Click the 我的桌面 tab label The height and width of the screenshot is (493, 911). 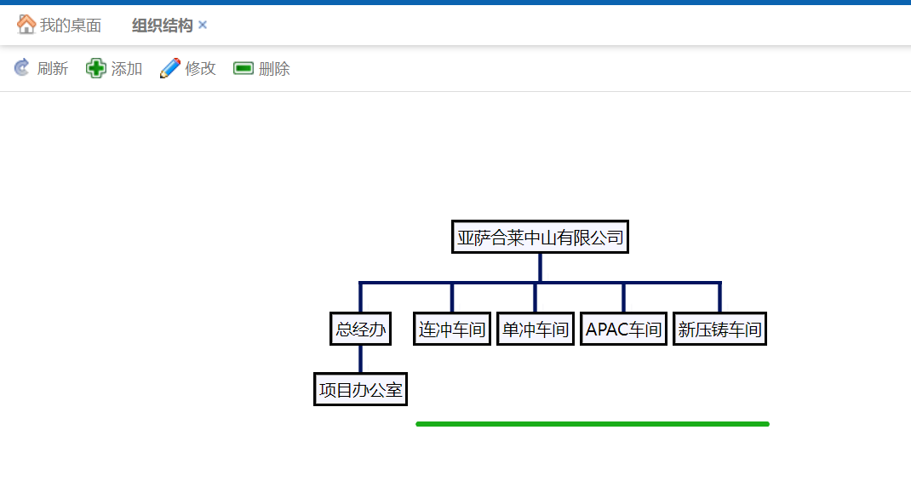pos(71,26)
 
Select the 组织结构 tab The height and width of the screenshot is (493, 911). pos(162,26)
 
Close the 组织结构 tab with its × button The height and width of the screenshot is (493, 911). pos(203,26)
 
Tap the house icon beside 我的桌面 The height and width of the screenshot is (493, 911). pos(26,25)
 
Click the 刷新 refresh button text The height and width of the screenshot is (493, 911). pos(53,69)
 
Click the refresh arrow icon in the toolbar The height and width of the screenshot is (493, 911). pos(22,68)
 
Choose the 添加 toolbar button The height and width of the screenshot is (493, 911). pos(127,69)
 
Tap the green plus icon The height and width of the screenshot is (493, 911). pos(96,68)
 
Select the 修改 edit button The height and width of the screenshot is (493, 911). pos(201,69)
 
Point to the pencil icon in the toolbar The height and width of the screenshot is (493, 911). pos(170,68)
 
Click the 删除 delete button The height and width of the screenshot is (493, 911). pos(274,69)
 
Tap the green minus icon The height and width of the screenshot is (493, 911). pos(244,68)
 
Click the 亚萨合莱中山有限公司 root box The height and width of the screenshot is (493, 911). pos(540,238)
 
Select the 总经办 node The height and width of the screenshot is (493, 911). pos(360,330)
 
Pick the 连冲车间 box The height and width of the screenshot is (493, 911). pos(451,330)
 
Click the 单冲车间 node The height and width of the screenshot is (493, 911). pos(535,330)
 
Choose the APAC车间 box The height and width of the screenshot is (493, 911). pos(623,330)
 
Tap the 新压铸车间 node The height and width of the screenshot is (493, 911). pos(719,330)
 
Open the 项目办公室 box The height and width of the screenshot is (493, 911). pos(360,390)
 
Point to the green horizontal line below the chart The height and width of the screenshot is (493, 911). pos(593,424)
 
